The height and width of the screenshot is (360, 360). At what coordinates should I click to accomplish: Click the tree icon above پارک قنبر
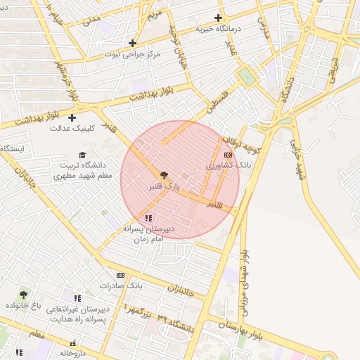164,174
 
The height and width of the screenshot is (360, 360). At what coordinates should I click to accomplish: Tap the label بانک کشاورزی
228,165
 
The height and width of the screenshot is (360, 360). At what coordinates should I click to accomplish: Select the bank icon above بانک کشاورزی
228,155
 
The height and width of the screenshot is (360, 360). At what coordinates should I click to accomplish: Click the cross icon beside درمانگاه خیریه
218,18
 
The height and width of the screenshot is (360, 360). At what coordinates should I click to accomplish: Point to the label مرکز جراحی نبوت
131,54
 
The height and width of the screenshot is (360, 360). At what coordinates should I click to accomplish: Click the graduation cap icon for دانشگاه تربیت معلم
82,155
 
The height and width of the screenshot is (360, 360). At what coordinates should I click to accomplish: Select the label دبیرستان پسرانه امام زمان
148,234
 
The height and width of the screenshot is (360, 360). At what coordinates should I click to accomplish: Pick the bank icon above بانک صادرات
120,275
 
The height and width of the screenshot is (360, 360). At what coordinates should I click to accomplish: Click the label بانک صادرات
120,286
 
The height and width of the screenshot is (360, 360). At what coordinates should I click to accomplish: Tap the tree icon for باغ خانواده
23,295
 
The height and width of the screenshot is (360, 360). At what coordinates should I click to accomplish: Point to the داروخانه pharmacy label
72,353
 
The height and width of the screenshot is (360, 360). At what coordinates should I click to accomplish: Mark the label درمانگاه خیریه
214,29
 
